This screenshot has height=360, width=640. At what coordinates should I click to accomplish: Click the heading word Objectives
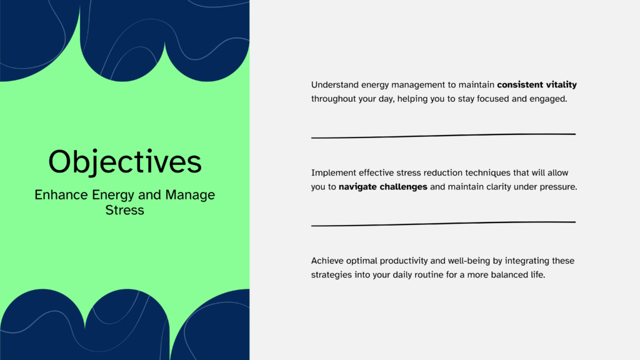click(x=125, y=162)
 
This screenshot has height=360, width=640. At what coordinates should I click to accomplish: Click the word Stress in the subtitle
click(x=124, y=210)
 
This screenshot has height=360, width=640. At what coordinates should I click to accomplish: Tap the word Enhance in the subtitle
click(x=61, y=195)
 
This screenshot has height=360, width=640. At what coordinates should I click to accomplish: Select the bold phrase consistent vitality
click(x=537, y=85)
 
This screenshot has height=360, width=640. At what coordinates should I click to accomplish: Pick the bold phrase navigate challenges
click(x=383, y=187)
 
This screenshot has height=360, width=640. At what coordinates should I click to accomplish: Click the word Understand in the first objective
click(x=335, y=85)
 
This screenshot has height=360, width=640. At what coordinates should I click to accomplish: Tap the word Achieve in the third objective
click(x=327, y=261)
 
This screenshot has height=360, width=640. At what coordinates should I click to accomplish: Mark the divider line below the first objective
click(x=443, y=136)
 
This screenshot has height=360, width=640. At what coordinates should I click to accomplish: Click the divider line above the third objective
click(x=443, y=224)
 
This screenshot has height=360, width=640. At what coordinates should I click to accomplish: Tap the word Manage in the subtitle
click(x=190, y=195)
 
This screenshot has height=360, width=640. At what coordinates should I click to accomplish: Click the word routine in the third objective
click(x=429, y=275)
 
